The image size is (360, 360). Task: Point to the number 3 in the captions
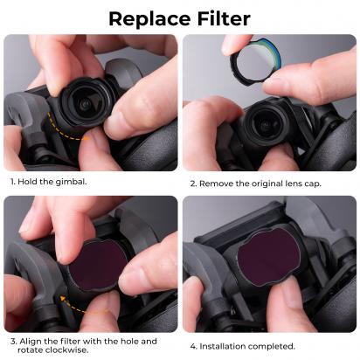pyautogui.click(x=12, y=340)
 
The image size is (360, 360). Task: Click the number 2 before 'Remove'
pyautogui.click(x=190, y=183)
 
